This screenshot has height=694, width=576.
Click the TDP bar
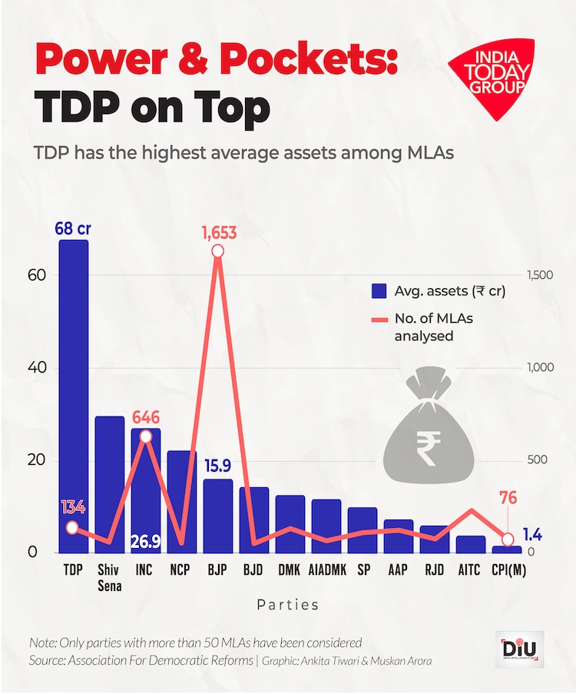pyautogui.click(x=74, y=384)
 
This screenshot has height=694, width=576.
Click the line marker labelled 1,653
pyautogui.click(x=217, y=251)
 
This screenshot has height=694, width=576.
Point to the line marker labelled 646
pyautogui.click(x=146, y=436)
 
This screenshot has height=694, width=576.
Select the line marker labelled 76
pyautogui.click(x=507, y=539)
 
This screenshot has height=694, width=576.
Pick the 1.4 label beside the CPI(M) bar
pyautogui.click(x=533, y=534)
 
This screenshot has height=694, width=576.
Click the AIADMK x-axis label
pyautogui.click(x=326, y=571)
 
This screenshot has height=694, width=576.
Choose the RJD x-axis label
pyautogui.click(x=435, y=571)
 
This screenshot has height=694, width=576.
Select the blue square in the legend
pyautogui.click(x=379, y=291)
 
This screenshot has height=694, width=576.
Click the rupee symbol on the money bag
pyautogui.click(x=425, y=446)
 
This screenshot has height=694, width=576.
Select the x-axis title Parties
pyautogui.click(x=288, y=606)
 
